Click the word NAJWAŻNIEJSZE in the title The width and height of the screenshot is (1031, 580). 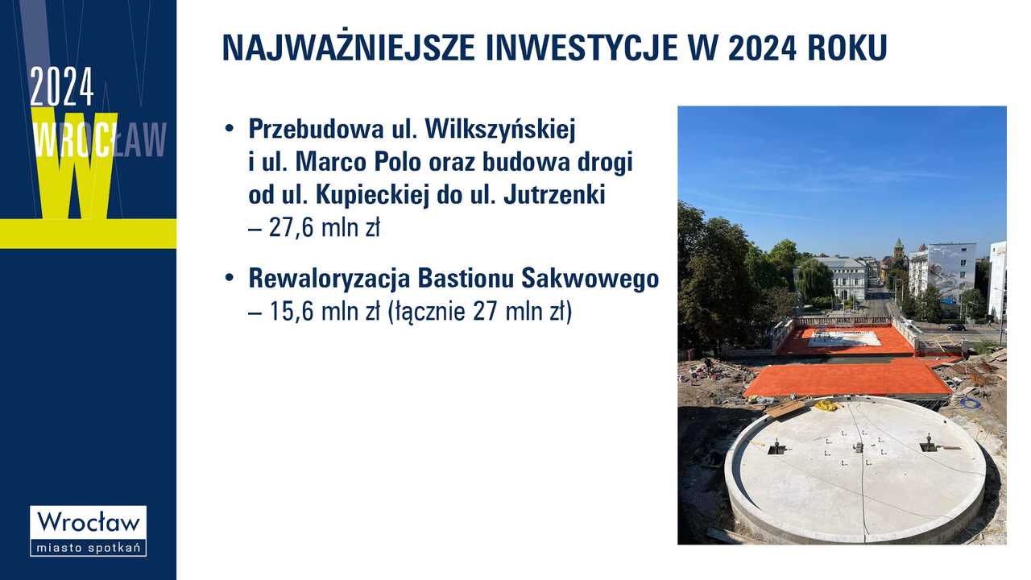pyautogui.click(x=349, y=48)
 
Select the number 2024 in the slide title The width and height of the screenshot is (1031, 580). pyautogui.click(x=762, y=48)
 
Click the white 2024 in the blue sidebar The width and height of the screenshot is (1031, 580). pyautogui.click(x=62, y=86)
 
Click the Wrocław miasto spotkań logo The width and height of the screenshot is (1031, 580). pyautogui.click(x=89, y=531)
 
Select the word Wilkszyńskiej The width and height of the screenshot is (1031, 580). pyautogui.click(x=500, y=130)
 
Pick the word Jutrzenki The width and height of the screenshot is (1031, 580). pyautogui.click(x=554, y=195)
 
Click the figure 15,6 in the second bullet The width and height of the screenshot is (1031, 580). pyautogui.click(x=292, y=312)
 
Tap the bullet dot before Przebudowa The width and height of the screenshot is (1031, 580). pyautogui.click(x=230, y=128)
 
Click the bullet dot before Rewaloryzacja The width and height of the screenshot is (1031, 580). pyautogui.click(x=230, y=278)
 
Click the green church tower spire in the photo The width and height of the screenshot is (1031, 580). pyautogui.click(x=898, y=245)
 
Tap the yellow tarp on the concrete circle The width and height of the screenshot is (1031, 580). pyautogui.click(x=826, y=405)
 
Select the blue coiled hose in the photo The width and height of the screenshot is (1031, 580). pyautogui.click(x=970, y=402)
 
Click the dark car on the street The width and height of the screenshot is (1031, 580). pyautogui.click(x=956, y=327)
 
